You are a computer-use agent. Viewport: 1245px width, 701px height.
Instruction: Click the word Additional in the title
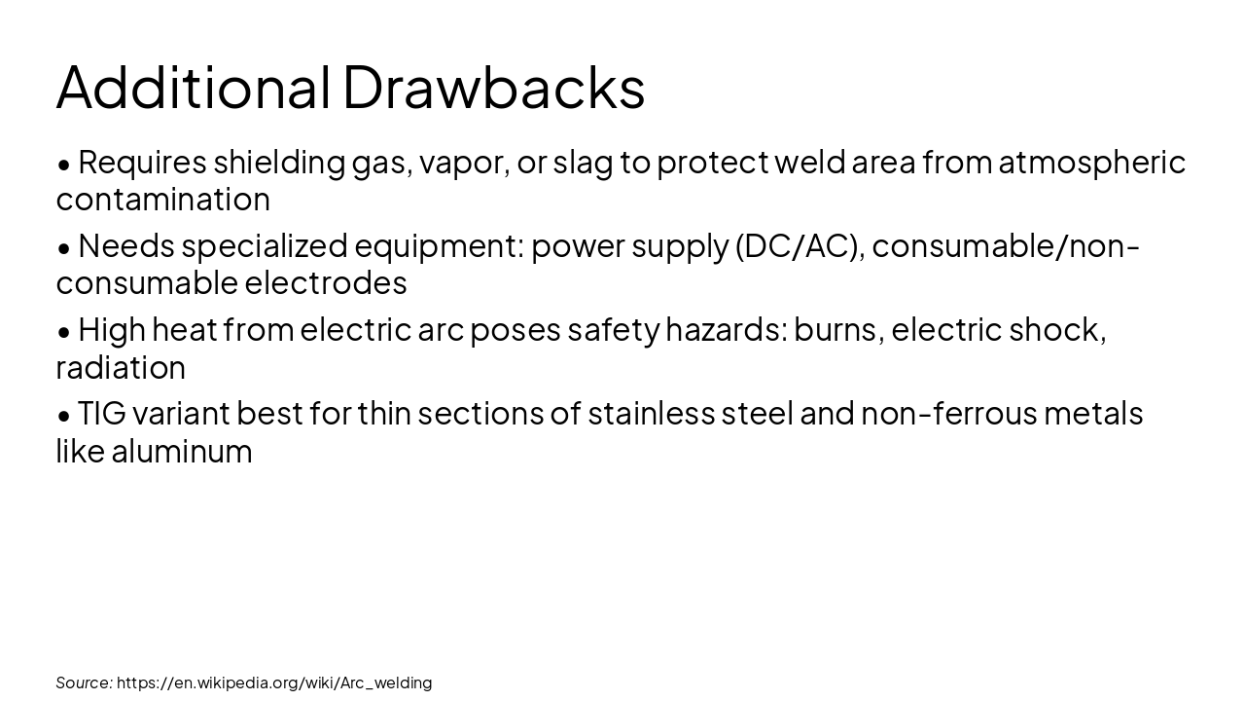click(194, 87)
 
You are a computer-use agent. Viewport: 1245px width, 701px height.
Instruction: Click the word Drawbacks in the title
click(493, 87)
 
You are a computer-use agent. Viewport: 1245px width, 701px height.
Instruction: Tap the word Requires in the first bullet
click(142, 162)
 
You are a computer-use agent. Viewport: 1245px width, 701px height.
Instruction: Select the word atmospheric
click(1091, 162)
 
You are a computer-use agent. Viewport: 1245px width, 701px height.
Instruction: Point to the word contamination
click(162, 200)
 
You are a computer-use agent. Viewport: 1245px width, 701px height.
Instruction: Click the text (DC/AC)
click(800, 245)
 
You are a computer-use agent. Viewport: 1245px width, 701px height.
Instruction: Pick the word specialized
click(264, 245)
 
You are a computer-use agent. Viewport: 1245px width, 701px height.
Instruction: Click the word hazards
click(726, 330)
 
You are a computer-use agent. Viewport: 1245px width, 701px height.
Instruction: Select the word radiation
click(121, 368)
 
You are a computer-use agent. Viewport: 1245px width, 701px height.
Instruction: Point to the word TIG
click(101, 414)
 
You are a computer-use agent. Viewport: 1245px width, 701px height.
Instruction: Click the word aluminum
click(181, 452)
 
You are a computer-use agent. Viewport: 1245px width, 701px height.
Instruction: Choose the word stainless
click(651, 414)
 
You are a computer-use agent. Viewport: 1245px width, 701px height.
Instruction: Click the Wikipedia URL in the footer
click(274, 683)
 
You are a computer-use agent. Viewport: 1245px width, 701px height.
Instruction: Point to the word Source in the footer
click(84, 683)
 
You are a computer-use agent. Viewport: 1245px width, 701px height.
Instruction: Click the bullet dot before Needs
click(64, 248)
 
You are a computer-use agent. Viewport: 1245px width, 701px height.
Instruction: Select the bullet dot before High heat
click(64, 332)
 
